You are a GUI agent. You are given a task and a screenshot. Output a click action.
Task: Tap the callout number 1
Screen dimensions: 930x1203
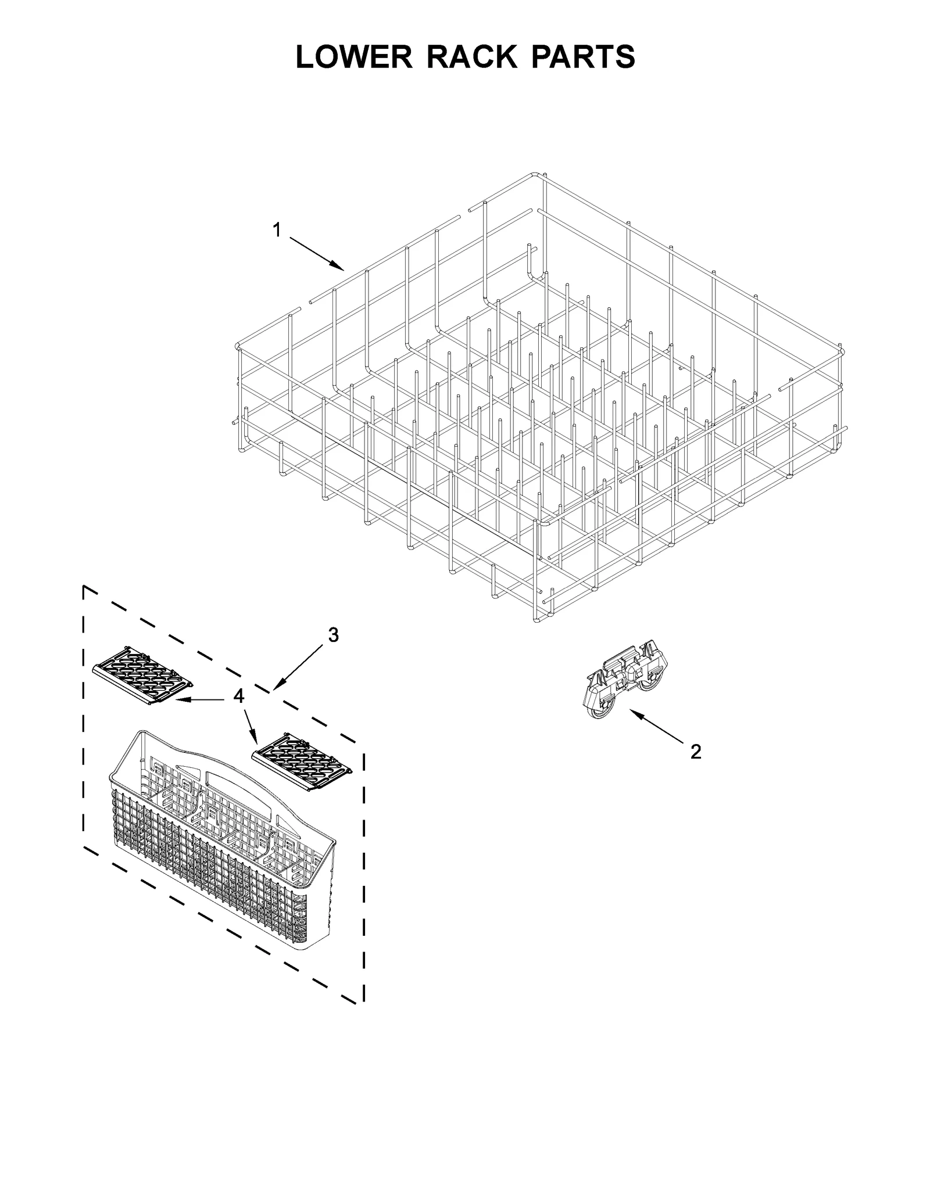tap(277, 231)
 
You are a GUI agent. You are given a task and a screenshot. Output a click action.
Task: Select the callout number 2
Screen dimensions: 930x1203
tap(696, 752)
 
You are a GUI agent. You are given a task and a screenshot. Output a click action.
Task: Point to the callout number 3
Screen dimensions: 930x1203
tap(333, 635)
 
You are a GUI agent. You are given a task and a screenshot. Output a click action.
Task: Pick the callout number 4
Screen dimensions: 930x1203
tap(239, 696)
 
